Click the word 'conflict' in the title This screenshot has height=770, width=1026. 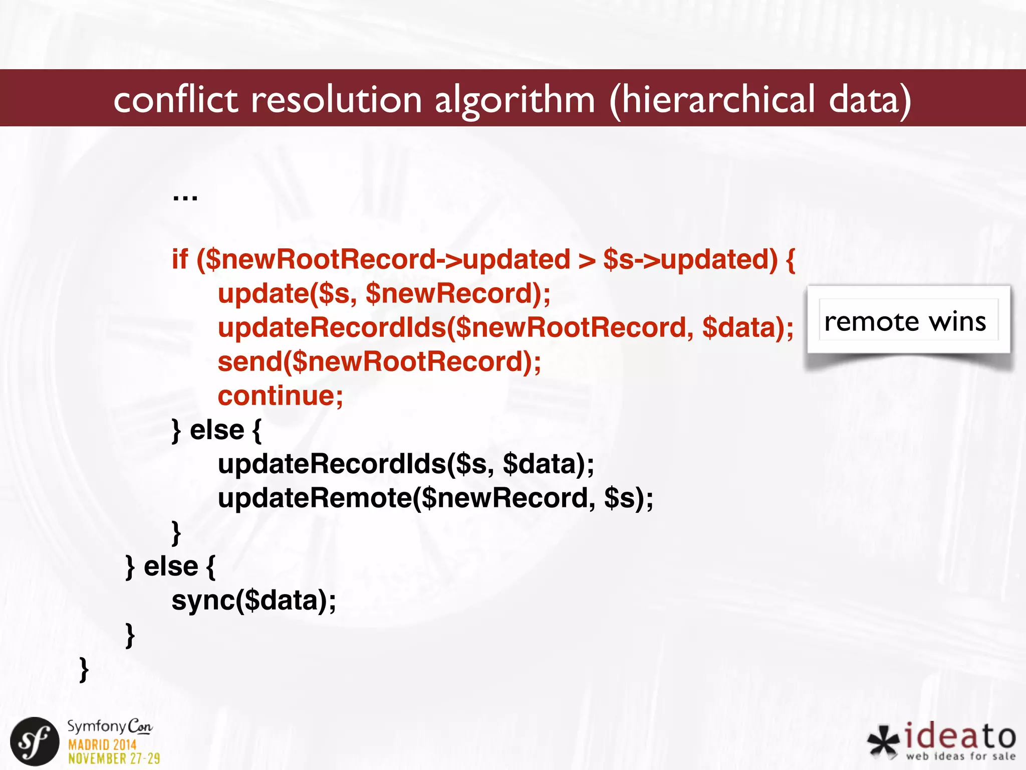(175, 99)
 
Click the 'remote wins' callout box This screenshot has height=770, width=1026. (908, 321)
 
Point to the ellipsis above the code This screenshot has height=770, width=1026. (185, 197)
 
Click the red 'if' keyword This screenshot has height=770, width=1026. (179, 259)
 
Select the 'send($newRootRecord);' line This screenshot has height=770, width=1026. (379, 362)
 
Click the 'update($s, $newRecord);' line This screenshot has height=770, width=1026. (384, 294)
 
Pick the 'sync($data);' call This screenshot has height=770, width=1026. (253, 601)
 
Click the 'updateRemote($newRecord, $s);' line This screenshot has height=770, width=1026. (435, 498)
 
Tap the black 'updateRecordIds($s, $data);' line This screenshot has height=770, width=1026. (406, 464)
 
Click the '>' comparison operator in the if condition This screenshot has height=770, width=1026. (587, 260)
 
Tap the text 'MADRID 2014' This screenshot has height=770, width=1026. (102, 744)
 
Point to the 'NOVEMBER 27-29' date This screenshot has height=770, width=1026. (114, 758)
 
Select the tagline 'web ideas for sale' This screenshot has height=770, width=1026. (960, 756)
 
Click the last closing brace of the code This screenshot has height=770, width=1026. (84, 669)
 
